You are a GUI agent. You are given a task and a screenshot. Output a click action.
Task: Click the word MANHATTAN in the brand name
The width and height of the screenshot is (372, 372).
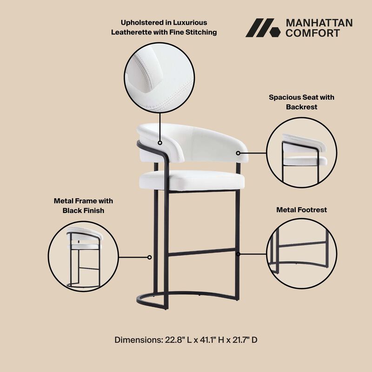[x=319, y=23]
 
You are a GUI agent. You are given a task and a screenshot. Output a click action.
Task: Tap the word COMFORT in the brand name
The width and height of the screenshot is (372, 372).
[x=312, y=33]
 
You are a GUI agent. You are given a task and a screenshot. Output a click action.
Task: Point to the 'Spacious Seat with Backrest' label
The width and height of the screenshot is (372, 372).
[x=301, y=102]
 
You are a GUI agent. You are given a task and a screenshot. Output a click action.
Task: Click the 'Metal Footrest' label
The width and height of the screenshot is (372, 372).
[x=301, y=210]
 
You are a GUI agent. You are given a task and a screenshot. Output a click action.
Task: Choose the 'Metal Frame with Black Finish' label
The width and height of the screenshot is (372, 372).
[x=83, y=206]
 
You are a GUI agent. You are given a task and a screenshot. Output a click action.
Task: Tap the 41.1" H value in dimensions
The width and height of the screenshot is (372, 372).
[x=207, y=340]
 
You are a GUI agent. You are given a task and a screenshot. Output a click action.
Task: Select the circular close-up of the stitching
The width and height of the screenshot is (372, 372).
[x=159, y=77]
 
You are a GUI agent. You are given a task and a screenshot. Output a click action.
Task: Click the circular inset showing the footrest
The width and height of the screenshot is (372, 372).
[x=302, y=253]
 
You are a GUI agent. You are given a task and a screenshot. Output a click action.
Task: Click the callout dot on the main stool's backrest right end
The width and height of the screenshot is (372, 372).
[x=238, y=153]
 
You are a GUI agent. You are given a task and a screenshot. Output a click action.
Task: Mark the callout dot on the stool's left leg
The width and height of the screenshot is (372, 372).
[x=149, y=257]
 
